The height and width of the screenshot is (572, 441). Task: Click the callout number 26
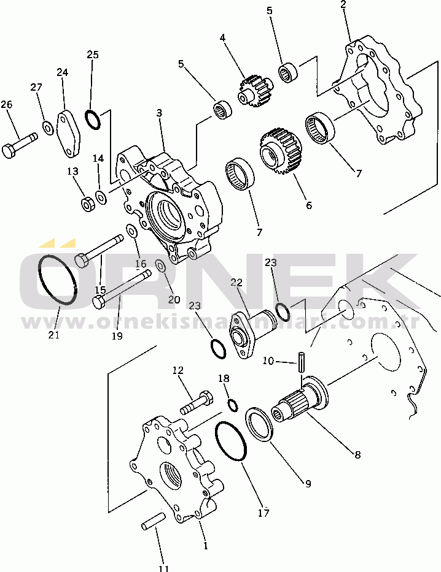[x=6, y=105]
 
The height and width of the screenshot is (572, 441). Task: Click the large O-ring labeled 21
[x=58, y=280]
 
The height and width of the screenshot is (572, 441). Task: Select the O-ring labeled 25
[x=93, y=120]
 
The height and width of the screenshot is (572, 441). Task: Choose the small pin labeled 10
[x=301, y=362]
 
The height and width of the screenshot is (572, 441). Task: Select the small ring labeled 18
[x=232, y=405]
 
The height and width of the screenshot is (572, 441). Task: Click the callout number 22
[x=236, y=283]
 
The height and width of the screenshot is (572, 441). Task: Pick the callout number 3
[x=159, y=113]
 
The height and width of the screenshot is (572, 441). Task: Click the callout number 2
[x=343, y=5]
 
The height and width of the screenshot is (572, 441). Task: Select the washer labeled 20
[x=160, y=266]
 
